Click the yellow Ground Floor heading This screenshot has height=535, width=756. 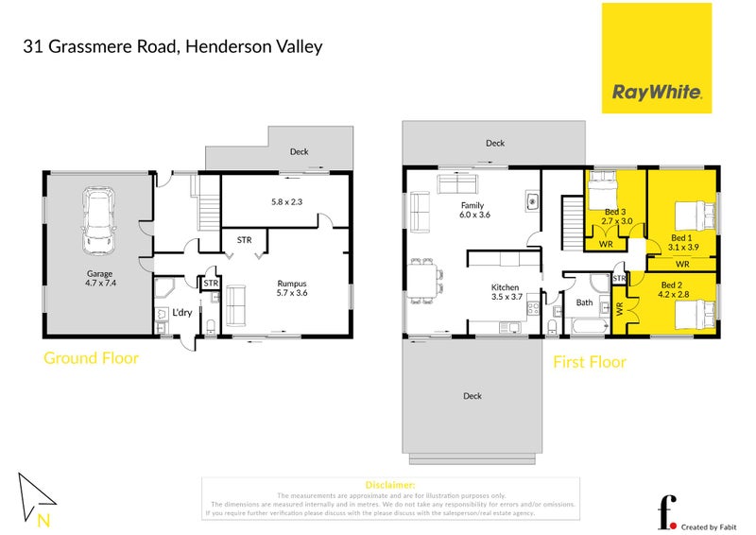91,358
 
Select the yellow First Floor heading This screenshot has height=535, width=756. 590,361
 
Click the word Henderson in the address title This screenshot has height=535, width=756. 224,46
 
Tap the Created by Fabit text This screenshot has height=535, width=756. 708,526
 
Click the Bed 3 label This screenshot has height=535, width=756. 613,215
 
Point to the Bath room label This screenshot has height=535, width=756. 584,302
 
